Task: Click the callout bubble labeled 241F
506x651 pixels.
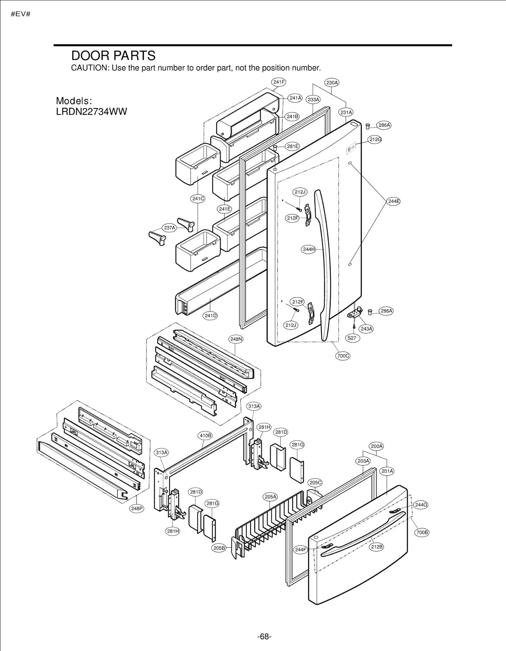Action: pyautogui.click(x=279, y=82)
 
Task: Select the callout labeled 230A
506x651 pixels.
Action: pyautogui.click(x=332, y=83)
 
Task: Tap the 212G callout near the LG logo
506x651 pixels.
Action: pyautogui.click(x=375, y=139)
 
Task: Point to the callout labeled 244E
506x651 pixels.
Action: pyautogui.click(x=393, y=201)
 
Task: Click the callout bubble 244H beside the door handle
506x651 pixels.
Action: pyautogui.click(x=308, y=249)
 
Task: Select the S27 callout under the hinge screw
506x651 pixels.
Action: pyautogui.click(x=352, y=338)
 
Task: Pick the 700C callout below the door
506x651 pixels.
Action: pyautogui.click(x=343, y=356)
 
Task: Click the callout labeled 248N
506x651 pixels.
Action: pyautogui.click(x=236, y=339)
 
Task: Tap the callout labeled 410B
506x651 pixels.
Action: pyautogui.click(x=205, y=435)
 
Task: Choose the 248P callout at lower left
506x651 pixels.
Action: pyautogui.click(x=137, y=509)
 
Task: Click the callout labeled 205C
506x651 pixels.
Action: pyautogui.click(x=315, y=483)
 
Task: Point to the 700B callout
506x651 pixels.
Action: pyautogui.click(x=422, y=532)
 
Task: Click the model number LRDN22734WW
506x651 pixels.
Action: pyautogui.click(x=91, y=112)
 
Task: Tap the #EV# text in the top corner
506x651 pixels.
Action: pyautogui.click(x=21, y=14)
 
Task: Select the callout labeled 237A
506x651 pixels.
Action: pyautogui.click(x=170, y=228)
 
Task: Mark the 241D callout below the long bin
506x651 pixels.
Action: pyautogui.click(x=210, y=316)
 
